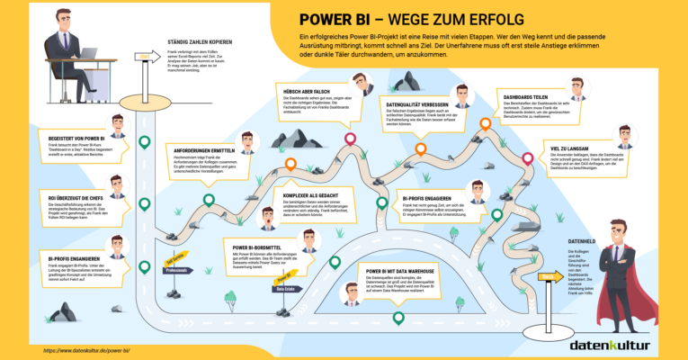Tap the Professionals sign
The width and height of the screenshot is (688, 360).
pyautogui.click(x=177, y=269)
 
